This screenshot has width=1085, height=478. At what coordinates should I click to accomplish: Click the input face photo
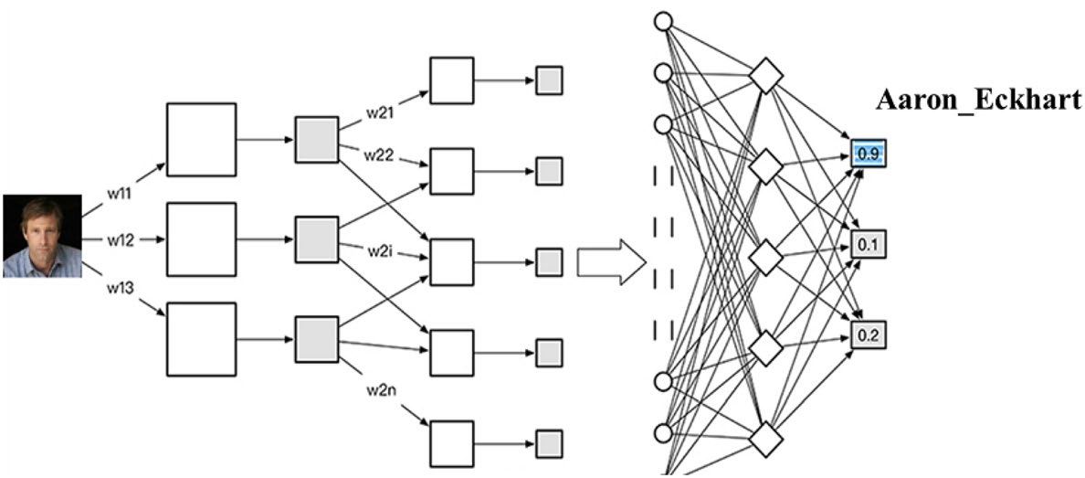click(x=40, y=235)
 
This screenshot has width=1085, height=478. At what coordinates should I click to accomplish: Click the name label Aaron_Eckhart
click(x=977, y=101)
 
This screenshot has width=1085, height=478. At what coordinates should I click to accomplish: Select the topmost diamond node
click(x=765, y=77)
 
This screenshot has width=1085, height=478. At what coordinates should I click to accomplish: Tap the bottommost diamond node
click(x=765, y=438)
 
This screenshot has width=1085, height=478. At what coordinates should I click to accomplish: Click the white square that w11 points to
click(x=201, y=140)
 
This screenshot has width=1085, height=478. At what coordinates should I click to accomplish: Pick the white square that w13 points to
click(x=201, y=340)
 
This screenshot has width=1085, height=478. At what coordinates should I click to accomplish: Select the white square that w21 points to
click(x=451, y=80)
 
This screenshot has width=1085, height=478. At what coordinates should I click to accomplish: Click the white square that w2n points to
click(x=451, y=443)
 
